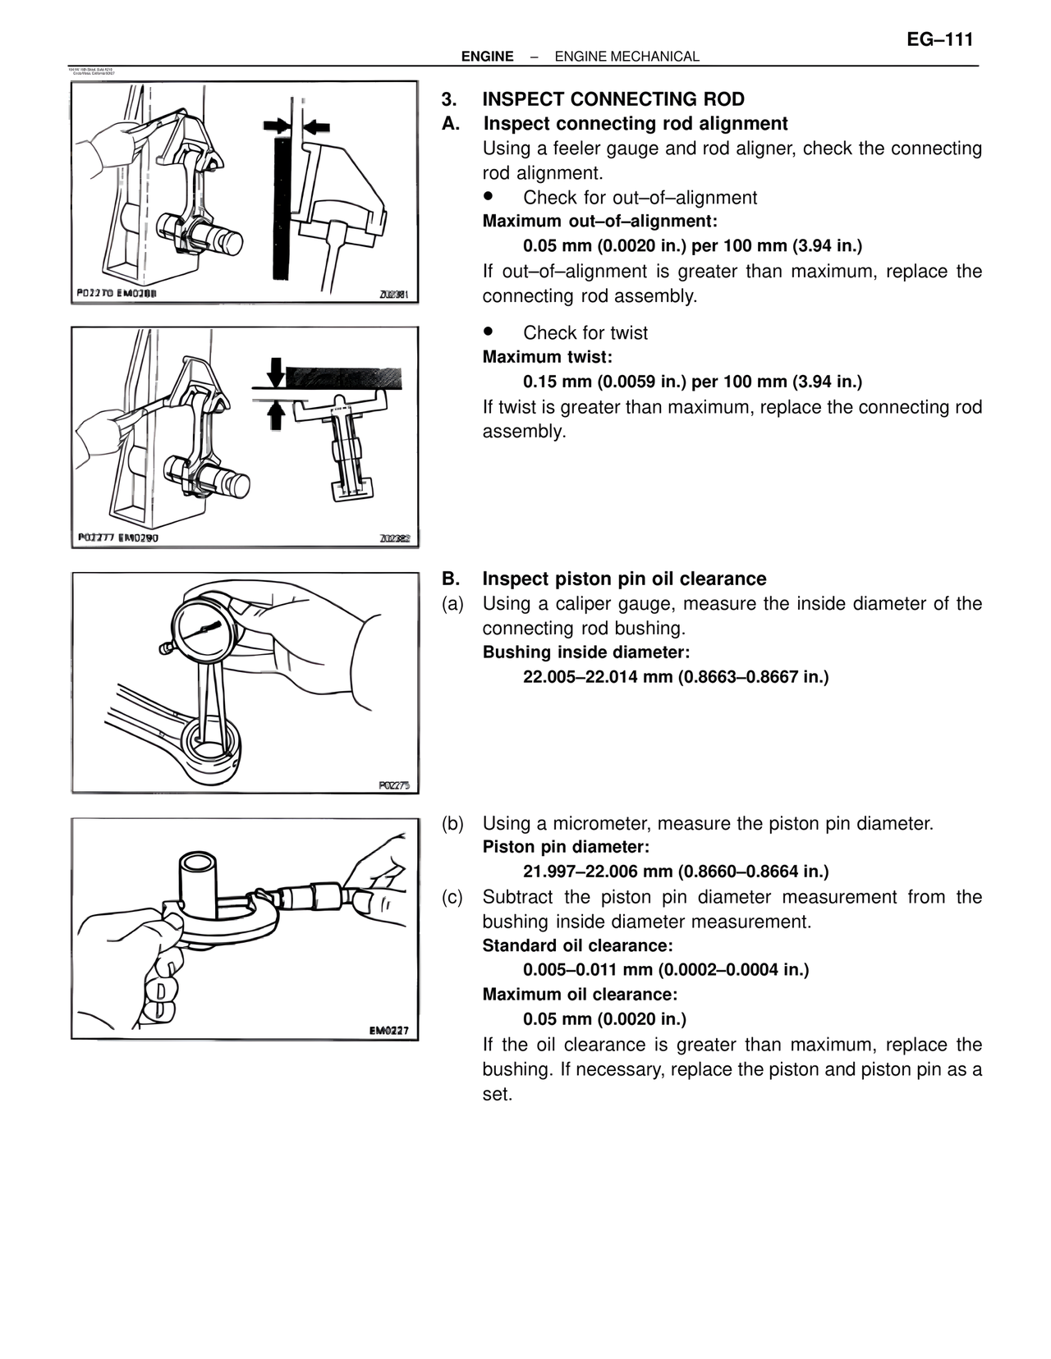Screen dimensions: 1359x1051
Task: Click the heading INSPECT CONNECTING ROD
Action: tap(613, 99)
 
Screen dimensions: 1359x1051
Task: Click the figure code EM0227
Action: tap(388, 1031)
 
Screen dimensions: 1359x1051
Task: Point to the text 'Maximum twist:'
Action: tap(547, 357)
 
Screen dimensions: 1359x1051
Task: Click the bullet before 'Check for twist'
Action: tap(488, 332)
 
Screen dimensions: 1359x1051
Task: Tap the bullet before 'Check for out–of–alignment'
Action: tap(488, 197)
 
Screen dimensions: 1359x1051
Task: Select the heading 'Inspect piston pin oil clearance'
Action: tap(624, 579)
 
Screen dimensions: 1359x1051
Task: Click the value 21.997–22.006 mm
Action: tap(598, 871)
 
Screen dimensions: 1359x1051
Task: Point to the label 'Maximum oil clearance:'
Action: tap(580, 994)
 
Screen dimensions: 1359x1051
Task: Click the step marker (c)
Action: tap(452, 897)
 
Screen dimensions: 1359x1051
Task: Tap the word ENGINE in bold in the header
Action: tap(487, 57)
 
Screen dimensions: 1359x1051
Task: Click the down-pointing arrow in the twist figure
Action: tap(276, 372)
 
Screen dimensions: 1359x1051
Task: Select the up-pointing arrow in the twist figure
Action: tap(276, 415)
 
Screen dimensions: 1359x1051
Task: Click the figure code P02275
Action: tap(393, 785)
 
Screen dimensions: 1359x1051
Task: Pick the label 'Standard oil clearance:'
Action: tap(577, 945)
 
